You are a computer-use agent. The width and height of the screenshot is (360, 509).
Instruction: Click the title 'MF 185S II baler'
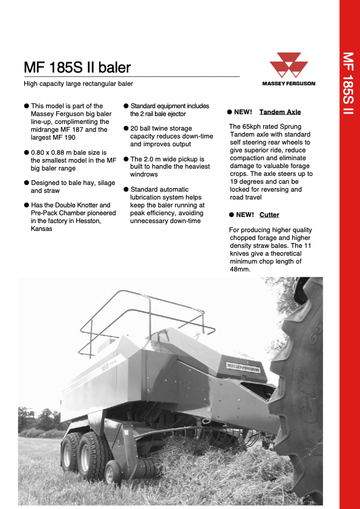(x=77, y=67)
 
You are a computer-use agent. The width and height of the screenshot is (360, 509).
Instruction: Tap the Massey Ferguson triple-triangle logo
(x=287, y=65)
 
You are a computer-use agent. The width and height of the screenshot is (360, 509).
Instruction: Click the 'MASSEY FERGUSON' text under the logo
(x=288, y=83)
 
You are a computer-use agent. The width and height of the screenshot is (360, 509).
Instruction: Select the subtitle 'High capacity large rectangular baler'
(x=78, y=83)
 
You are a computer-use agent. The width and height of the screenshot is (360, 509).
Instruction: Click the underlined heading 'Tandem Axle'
(x=280, y=112)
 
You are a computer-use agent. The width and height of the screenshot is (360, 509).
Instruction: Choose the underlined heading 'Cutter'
(x=269, y=215)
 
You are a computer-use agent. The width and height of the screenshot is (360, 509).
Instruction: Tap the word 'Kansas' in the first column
(x=42, y=229)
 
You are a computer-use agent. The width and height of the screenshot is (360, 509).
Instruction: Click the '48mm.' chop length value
(x=240, y=269)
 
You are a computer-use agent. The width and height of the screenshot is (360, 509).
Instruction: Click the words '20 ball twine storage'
(x=161, y=128)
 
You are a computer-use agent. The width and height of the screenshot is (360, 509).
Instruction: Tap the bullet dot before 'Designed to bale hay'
(x=27, y=183)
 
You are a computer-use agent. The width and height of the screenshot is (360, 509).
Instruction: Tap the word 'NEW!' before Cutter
(x=244, y=215)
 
